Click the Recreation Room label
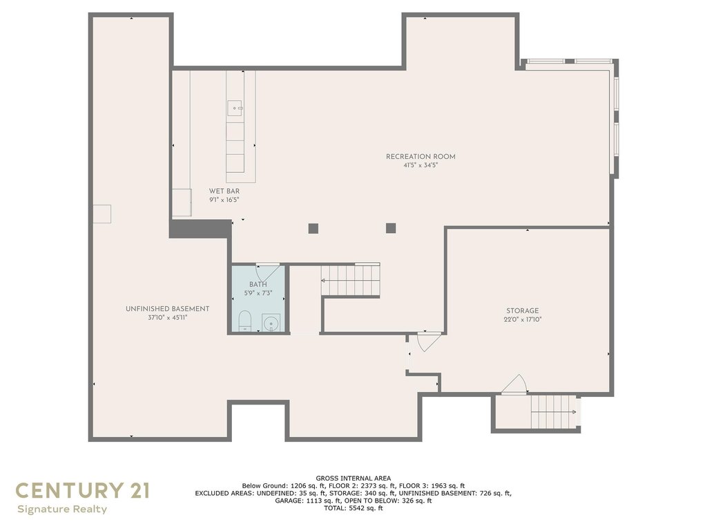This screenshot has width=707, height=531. pos(420,157)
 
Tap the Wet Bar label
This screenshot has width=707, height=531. pos(224,191)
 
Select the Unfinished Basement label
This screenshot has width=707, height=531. pos(167,309)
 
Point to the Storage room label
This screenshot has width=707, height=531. pos(522,310)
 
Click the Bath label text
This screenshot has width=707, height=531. pos(258,284)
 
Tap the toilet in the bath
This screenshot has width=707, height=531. pos(244,321)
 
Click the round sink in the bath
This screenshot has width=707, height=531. pos(271,324)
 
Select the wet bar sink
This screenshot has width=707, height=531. pos(235,108)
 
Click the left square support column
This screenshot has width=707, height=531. pos(313,228)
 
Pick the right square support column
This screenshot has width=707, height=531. pos(391,228)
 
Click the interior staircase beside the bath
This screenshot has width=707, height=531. pos(351,280)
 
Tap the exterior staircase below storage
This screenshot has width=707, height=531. pos(554,412)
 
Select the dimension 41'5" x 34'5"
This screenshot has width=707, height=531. pos(420,165)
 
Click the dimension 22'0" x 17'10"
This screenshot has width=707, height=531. pos(523,319)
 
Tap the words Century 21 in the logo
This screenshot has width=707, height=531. pos(83,490)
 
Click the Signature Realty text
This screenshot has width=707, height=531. pos(62,510)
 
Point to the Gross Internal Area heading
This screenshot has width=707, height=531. pos(353,478)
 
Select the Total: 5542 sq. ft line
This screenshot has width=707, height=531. pos(353,508)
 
